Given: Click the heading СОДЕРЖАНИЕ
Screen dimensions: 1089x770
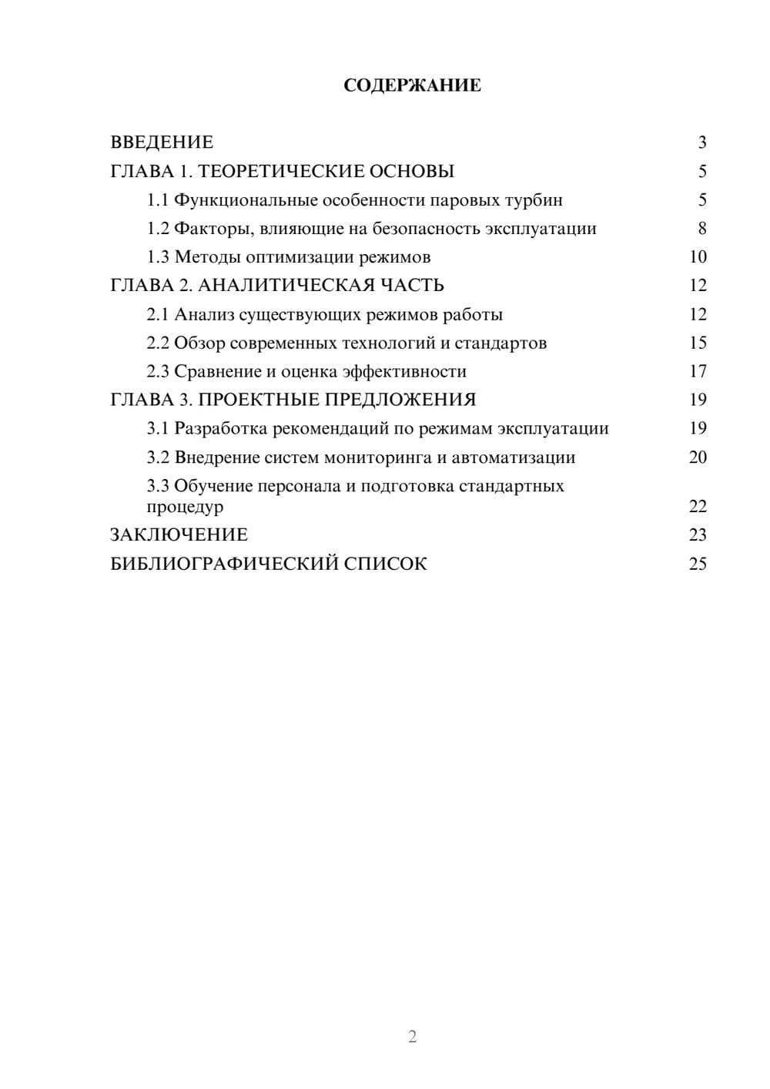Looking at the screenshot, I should [412, 85].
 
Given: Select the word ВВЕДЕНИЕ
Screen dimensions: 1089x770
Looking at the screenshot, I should [162, 142].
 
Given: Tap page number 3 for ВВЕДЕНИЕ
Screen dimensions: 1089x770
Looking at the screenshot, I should [701, 142].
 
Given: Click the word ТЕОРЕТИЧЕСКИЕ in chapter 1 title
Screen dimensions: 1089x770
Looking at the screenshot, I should [276, 171].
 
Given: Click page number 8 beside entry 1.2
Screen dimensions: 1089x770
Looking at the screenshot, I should [701, 229].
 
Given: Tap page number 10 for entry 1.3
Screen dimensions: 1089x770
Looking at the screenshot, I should [698, 257].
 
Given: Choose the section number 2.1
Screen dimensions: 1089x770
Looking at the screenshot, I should [158, 314].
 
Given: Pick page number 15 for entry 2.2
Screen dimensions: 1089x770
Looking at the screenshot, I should [698, 343].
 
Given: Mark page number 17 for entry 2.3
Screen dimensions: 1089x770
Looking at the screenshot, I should [698, 372].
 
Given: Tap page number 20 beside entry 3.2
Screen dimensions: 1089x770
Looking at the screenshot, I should [698, 457].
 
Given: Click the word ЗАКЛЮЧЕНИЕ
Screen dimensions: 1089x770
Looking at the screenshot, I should [179, 535].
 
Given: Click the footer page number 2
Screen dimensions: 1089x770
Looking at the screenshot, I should [412, 1037].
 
